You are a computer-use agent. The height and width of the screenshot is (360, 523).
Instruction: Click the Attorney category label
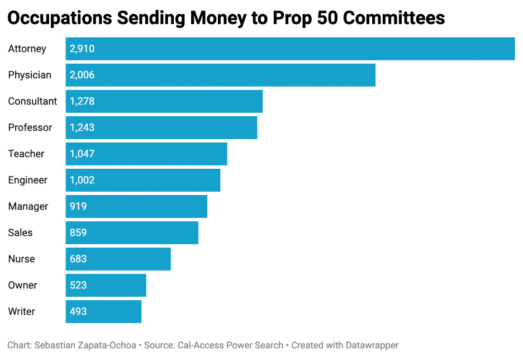(x=27, y=49)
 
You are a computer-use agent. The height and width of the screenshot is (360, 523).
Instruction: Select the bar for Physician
(x=221, y=75)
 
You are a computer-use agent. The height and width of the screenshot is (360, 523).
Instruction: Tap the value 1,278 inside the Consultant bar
(x=82, y=101)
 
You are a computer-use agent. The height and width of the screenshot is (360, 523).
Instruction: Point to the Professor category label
(x=30, y=127)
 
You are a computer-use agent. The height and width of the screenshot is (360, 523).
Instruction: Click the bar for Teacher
(x=146, y=154)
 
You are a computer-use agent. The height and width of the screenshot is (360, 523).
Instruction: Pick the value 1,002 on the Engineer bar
(x=82, y=180)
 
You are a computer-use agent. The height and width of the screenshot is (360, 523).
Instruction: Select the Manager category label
(x=28, y=206)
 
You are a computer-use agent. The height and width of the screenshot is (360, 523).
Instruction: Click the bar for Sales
(x=132, y=233)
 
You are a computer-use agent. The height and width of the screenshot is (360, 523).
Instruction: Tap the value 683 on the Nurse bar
(x=78, y=259)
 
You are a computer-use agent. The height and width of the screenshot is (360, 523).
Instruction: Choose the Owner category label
(x=23, y=285)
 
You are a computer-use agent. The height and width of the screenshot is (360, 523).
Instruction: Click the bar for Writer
(x=103, y=311)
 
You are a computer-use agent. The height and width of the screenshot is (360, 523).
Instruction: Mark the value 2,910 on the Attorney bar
(x=82, y=49)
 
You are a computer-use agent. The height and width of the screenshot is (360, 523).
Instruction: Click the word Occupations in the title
(x=60, y=18)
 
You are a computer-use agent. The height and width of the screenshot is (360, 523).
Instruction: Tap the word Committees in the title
(x=394, y=18)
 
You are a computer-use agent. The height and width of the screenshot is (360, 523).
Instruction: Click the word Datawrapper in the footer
(x=372, y=345)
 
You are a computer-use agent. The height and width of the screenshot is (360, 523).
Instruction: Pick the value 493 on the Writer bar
(x=78, y=311)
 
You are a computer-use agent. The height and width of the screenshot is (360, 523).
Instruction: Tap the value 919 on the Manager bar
(x=78, y=206)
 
